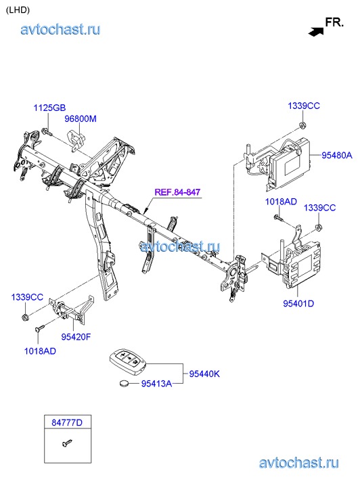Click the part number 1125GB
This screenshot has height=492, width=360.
pos(49,108)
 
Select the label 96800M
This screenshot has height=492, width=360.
pos(81,119)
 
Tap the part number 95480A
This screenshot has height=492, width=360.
pos(337,155)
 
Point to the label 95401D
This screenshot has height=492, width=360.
pos(298,303)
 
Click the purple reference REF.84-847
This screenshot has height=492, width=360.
pos(177,192)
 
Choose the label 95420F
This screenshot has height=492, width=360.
pos(76,337)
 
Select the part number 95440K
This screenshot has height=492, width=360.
pos(204,374)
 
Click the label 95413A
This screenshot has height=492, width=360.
pos(156,384)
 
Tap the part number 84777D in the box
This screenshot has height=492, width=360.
pos(67,423)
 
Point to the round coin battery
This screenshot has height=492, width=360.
pos(125,383)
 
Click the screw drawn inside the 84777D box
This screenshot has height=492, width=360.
pos(67,443)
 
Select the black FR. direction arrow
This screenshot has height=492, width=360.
pos(316,31)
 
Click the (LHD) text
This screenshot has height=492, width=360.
pos(18,10)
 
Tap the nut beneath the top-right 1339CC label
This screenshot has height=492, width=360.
pos(302,125)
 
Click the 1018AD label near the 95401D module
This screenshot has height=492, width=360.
pos(281,202)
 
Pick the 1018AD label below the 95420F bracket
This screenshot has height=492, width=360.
pos(40,351)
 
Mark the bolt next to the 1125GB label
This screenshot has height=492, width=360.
pos(46,132)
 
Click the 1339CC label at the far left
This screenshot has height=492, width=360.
pos(27,297)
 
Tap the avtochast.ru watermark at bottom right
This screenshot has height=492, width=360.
pos(299,463)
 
